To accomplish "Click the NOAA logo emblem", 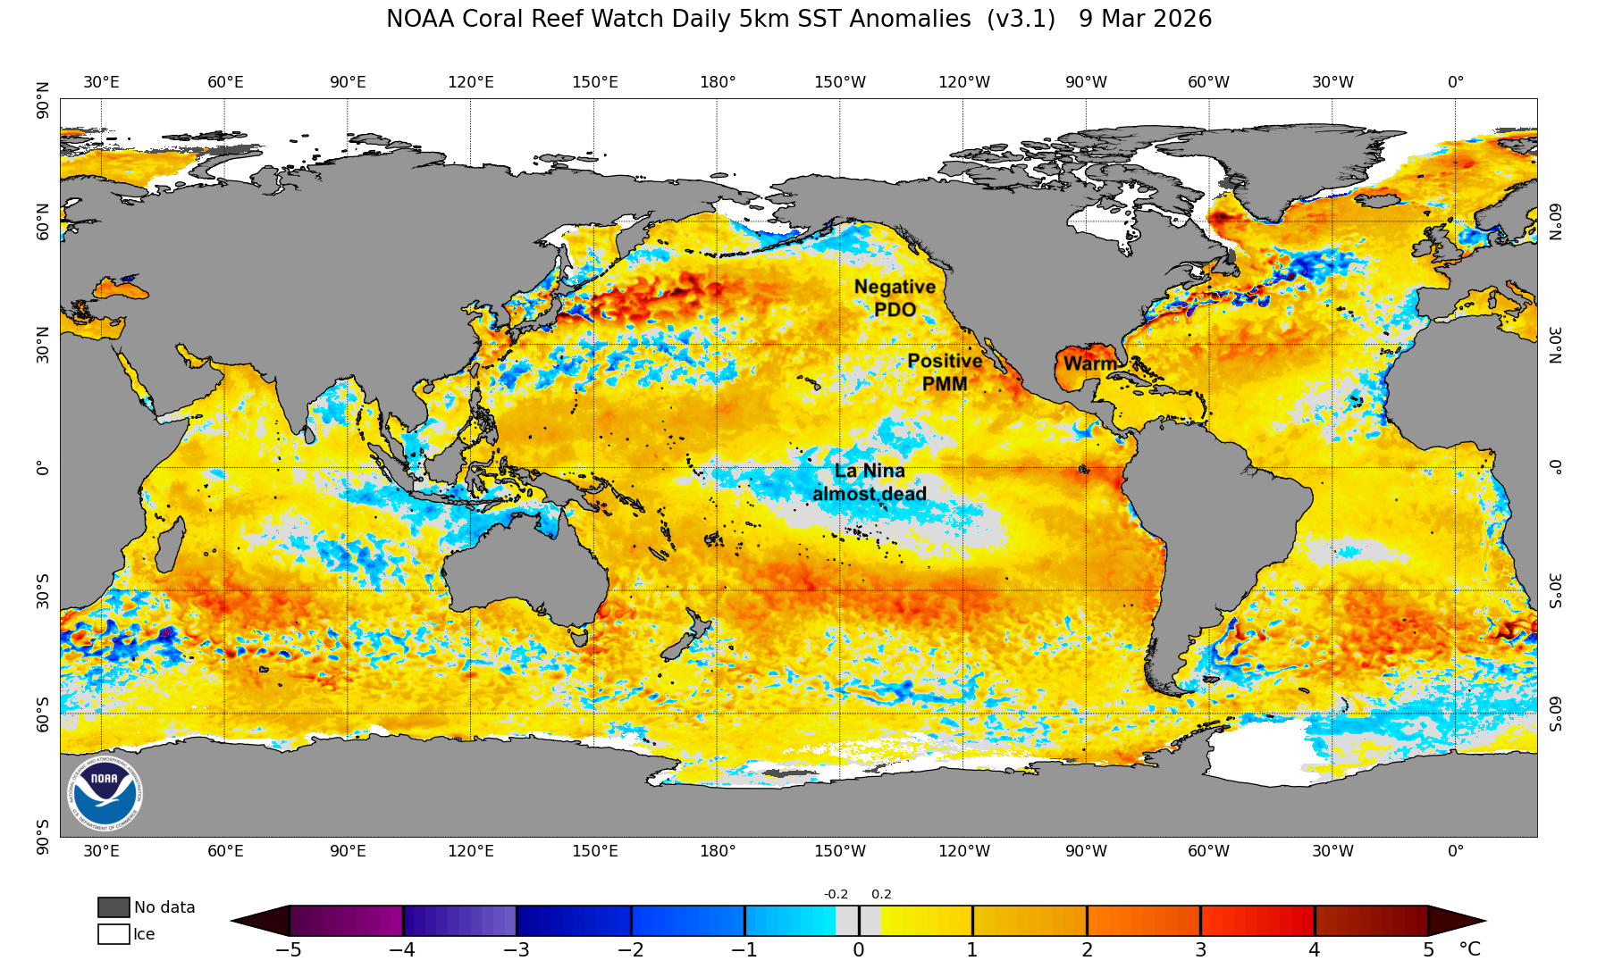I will pos(105,793).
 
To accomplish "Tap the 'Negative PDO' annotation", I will pos(895,298).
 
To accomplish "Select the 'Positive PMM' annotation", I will pos(945,372).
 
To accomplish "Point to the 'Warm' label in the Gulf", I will pos(1089,364).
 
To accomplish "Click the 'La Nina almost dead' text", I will pos(870,482).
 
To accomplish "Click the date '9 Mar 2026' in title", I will pos(1145,19).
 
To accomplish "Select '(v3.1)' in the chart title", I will pos(1021,19).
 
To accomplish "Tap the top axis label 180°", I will pos(718,82).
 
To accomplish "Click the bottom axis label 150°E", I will pos(594,851).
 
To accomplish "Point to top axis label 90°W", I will pos(1086,82).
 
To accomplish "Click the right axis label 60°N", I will pos(1555,221).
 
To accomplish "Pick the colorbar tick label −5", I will pos(288,950).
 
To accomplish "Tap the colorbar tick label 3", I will pos(1200,950).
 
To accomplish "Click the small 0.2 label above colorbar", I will pos(881,894).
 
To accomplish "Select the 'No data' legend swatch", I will pos(113,907).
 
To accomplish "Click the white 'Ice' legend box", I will pos(113,934).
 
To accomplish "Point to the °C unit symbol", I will pos(1469,949).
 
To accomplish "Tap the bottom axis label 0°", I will pos(1456,851).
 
